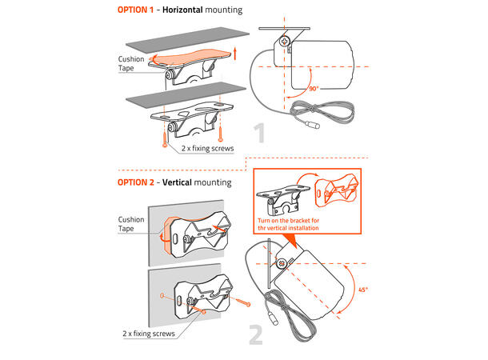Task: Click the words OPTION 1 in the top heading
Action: coord(135,10)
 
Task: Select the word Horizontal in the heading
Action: coord(182,10)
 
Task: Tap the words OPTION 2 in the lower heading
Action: coord(136,182)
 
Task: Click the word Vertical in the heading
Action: coord(177,182)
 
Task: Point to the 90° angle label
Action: coord(314,89)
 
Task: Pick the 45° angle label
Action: coord(363,290)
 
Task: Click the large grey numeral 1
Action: coord(259,133)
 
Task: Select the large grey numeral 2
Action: coord(256,335)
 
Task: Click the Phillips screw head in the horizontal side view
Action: coord(285,41)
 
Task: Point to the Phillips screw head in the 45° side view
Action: coord(282,263)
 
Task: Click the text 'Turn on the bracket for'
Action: coord(288,221)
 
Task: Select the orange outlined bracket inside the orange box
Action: coord(336,190)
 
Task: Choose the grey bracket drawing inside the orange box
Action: coord(282,200)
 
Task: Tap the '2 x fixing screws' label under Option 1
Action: coord(207,149)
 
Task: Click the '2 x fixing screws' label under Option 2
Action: coord(149,334)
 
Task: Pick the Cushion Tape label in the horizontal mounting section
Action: coord(131,63)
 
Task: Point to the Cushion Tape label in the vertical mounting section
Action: coord(131,224)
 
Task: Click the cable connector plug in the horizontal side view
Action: coord(312,125)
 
